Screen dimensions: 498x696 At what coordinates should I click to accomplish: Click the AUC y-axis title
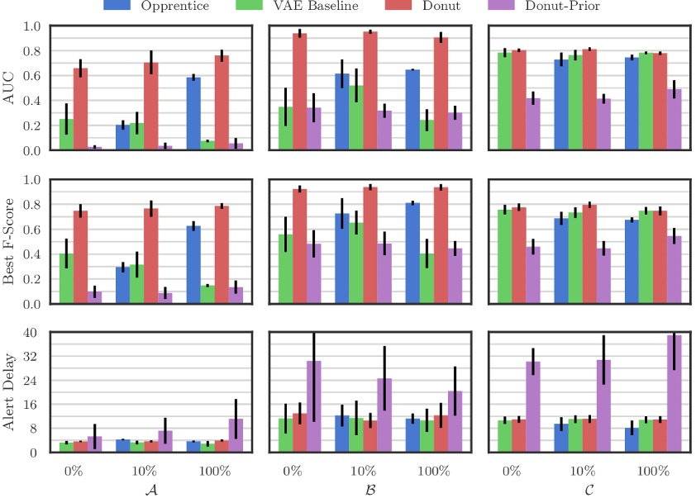[x=11, y=88]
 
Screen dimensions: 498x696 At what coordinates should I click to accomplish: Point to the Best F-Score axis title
[x=11, y=241]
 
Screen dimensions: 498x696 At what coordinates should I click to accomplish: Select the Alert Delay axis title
[x=11, y=392]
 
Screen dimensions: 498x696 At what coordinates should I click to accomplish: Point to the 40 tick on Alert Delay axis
[x=33, y=333]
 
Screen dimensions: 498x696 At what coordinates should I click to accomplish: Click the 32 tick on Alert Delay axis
[x=33, y=357]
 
